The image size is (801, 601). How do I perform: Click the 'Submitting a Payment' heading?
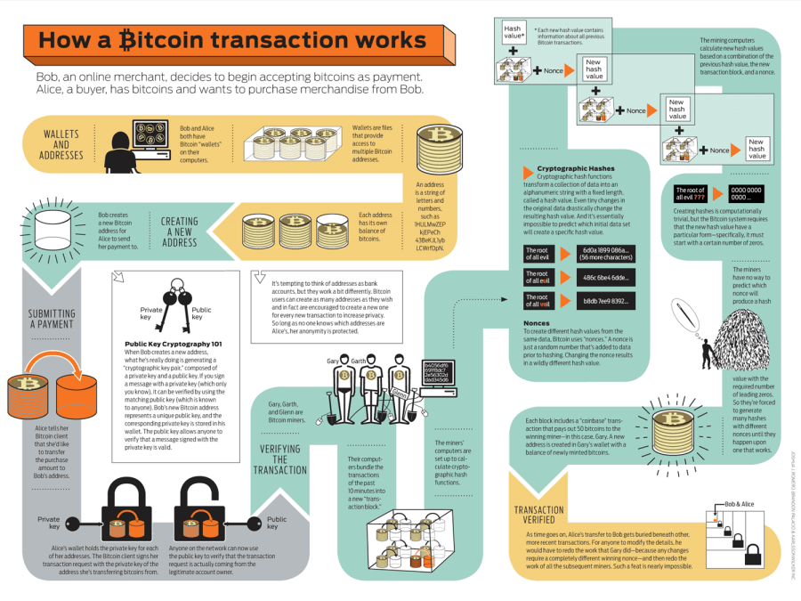tap(51, 319)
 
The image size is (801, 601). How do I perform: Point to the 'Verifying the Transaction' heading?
tap(279, 459)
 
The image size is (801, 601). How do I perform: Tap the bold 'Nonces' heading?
tap(537, 322)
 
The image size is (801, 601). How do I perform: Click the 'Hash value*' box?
tap(513, 34)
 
